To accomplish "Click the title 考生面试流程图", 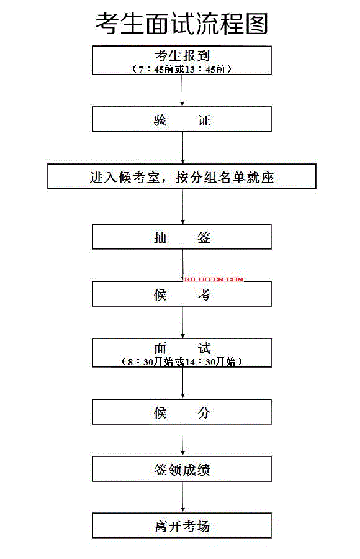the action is (182, 24).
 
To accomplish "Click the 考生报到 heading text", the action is (182, 56).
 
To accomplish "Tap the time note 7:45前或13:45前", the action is (182, 69).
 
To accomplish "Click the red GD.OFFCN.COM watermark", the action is (214, 279).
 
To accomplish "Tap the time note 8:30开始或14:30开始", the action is (182, 361).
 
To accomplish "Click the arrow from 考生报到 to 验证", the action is (182, 91).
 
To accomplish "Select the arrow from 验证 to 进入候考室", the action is (182, 148).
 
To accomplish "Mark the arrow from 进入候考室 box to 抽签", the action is (182, 206).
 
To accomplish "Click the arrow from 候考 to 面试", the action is (182, 322).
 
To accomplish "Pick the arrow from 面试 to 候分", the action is (182, 383).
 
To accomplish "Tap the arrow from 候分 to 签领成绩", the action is (182, 440).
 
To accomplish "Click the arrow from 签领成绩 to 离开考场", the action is (182, 497).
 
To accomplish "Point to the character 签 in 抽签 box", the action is (204, 237).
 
